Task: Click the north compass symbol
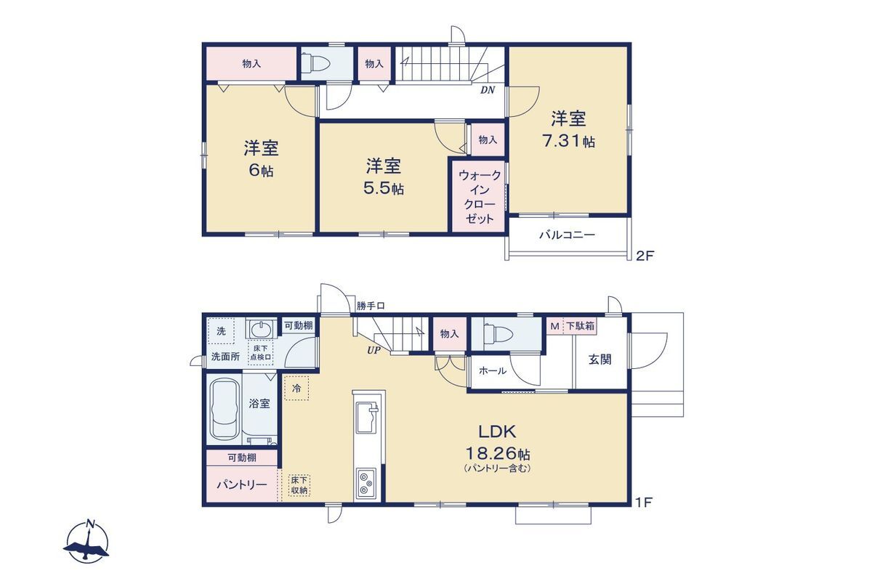[86, 542]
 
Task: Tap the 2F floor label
[645, 256]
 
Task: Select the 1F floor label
[644, 503]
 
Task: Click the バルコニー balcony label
[567, 235]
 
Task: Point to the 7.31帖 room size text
[569, 141]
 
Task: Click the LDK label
[497, 431]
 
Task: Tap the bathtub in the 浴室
[225, 409]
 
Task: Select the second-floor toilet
[315, 63]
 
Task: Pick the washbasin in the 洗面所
[261, 330]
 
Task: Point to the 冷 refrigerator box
[296, 388]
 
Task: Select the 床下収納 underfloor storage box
[299, 485]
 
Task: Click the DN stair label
[488, 90]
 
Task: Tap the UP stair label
[374, 350]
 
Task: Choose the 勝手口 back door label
[371, 306]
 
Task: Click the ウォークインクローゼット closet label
[479, 197]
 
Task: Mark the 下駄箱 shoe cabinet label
[580, 325]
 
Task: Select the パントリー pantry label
[242, 484]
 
